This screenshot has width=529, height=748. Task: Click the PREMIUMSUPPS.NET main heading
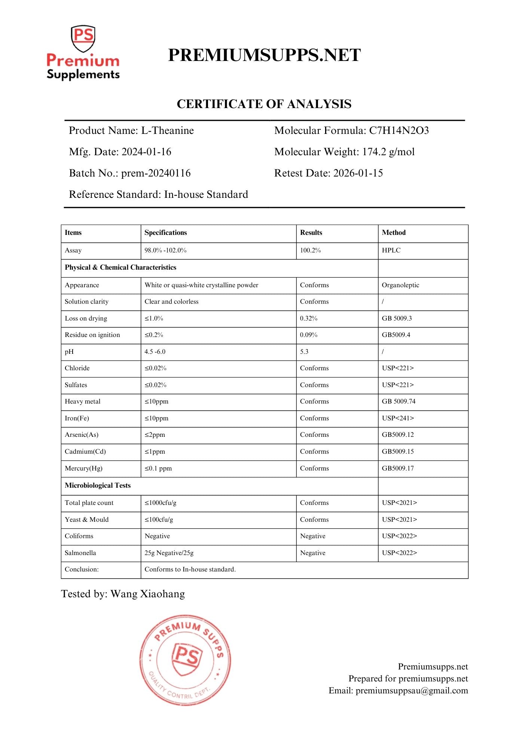[x=264, y=55]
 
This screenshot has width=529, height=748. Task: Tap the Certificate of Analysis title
[x=264, y=104]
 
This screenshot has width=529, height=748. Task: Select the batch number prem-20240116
[x=156, y=173]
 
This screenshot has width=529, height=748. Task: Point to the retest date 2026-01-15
[x=358, y=173]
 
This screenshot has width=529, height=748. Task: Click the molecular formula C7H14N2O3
[x=399, y=131]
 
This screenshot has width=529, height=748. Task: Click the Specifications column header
[x=166, y=233]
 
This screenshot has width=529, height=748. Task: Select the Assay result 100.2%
[x=311, y=251]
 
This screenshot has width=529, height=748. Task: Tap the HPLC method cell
[x=391, y=251]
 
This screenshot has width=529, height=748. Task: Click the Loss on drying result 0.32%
[x=309, y=319]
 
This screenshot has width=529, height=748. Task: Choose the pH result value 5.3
[x=304, y=352]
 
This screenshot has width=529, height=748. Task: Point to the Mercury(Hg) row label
[x=83, y=469]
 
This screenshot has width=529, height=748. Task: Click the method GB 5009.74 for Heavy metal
[x=398, y=402]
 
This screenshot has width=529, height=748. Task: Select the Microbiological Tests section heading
[x=98, y=485]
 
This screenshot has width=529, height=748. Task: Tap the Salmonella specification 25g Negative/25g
[x=169, y=553]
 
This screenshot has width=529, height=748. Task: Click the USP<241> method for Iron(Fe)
[x=398, y=419]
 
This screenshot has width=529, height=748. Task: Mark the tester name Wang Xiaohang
[x=147, y=594]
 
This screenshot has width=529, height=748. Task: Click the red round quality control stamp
[x=185, y=660]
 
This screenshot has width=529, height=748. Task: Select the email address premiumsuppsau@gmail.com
[x=412, y=691]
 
